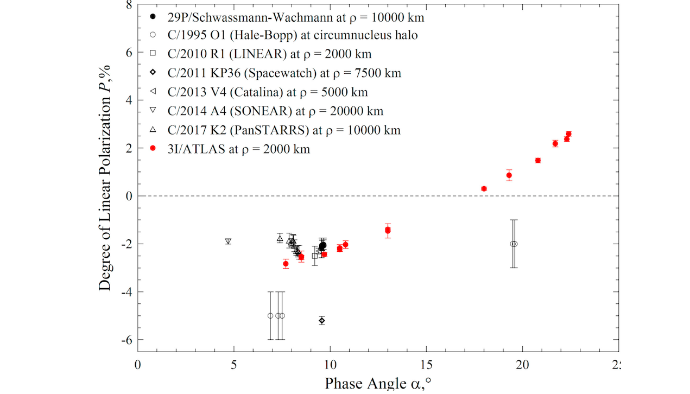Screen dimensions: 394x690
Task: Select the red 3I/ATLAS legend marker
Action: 153,149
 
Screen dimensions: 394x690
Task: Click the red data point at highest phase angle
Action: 568,134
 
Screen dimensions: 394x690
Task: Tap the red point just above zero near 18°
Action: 484,189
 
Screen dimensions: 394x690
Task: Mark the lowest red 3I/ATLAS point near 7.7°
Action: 286,264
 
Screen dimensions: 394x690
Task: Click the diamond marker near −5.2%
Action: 322,320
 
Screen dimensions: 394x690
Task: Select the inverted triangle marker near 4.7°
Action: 228,242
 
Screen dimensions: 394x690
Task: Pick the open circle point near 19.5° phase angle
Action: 514,244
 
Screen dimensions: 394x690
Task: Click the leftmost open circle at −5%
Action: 270,316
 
